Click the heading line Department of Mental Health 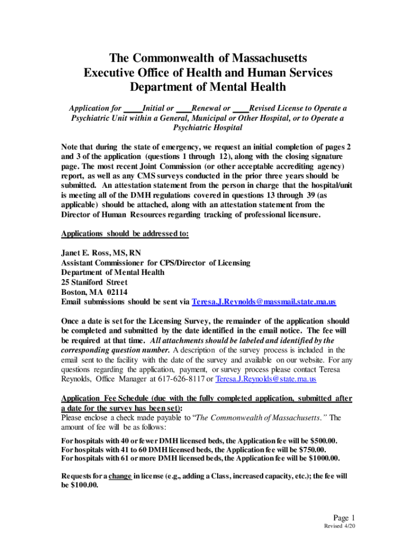[208, 87]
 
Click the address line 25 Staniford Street [95, 282]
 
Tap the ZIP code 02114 [116, 292]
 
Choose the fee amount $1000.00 [321, 458]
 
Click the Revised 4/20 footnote [339, 526]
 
